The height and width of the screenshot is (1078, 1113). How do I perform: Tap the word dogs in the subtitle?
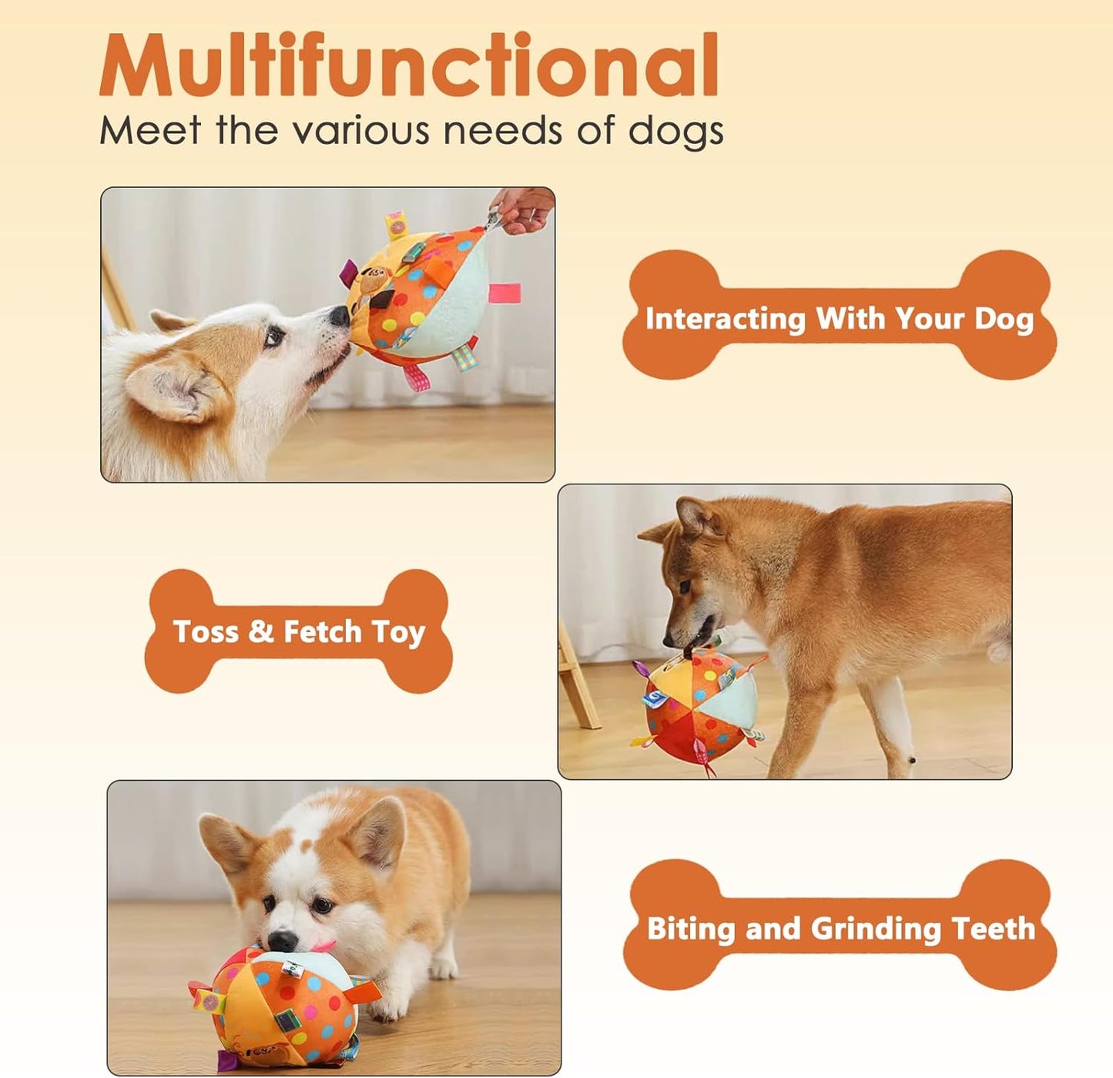tap(676, 131)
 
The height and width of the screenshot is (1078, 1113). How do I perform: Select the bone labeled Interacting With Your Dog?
tap(840, 316)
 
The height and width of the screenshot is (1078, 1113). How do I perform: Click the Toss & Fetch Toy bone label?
tap(299, 631)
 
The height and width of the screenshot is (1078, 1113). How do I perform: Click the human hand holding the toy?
tap(524, 208)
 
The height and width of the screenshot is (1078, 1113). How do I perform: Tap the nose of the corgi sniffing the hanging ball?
tap(339, 316)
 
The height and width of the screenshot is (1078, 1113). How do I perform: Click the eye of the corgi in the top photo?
tap(273, 336)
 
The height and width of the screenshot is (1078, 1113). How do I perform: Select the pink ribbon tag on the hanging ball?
tap(505, 293)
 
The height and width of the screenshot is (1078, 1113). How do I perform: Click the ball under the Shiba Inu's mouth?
tap(697, 708)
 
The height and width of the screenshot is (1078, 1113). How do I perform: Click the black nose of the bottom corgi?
tap(282, 941)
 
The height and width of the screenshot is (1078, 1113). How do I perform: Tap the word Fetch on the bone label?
tap(322, 631)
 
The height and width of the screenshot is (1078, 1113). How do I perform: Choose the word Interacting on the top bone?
tap(725, 318)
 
